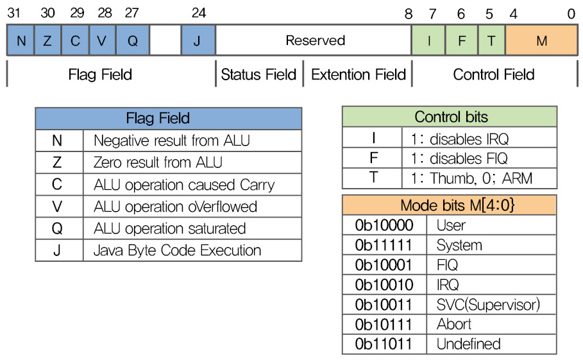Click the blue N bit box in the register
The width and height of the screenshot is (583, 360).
pyautogui.click(x=21, y=40)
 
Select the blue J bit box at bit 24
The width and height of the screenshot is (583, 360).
pyautogui.click(x=198, y=40)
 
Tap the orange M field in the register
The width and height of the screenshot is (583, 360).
pyautogui.click(x=541, y=40)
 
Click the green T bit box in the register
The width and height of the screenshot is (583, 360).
pyautogui.click(x=491, y=40)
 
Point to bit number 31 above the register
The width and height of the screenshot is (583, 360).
pyautogui.click(x=13, y=13)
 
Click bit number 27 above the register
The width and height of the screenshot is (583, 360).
pyautogui.click(x=132, y=13)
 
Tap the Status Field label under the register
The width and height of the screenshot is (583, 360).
pyautogui.click(x=258, y=74)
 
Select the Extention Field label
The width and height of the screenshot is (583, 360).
pyautogui.click(x=359, y=74)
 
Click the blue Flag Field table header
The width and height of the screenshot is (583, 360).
pyautogui.click(x=169, y=118)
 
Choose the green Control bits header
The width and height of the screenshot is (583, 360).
pyautogui.click(x=450, y=117)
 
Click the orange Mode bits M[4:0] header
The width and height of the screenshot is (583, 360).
pyautogui.click(x=449, y=205)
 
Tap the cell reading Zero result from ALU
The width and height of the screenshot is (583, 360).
pyautogui.click(x=192, y=162)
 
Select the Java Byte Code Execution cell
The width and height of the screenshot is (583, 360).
pyautogui.click(x=192, y=250)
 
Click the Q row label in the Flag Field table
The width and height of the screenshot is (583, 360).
pyautogui.click(x=57, y=228)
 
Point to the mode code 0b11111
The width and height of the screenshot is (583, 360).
pyautogui.click(x=384, y=245)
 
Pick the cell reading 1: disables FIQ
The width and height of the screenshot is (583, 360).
pyautogui.click(x=479, y=159)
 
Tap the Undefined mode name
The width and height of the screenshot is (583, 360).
pyautogui.click(x=468, y=344)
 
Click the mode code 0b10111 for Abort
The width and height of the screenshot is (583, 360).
pyautogui.click(x=384, y=324)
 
